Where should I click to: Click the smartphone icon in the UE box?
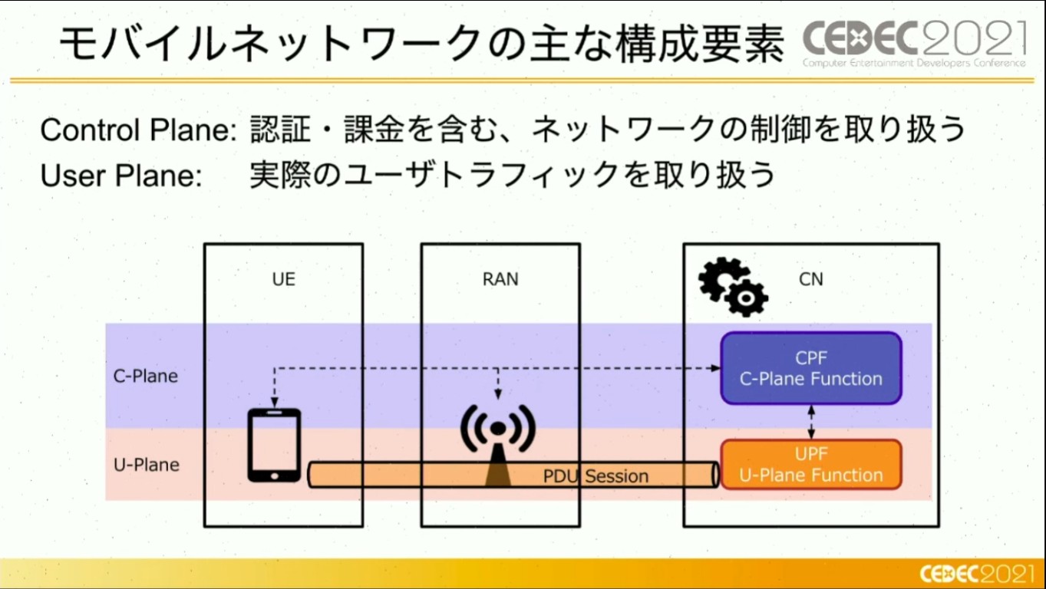(x=274, y=445)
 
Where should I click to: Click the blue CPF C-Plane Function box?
(x=810, y=368)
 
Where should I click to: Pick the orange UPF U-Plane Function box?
(x=810, y=464)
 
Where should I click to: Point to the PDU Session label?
(x=596, y=476)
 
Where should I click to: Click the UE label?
(x=283, y=279)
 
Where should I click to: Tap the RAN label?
(x=500, y=279)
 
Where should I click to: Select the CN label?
(x=810, y=279)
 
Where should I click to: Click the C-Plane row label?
(x=146, y=376)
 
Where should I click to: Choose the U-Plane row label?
(x=146, y=465)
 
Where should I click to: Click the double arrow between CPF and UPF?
(x=811, y=422)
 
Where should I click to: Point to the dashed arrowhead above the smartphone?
(x=275, y=403)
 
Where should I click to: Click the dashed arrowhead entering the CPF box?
(x=715, y=368)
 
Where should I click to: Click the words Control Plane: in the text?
(x=138, y=130)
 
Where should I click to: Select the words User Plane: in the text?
(x=120, y=176)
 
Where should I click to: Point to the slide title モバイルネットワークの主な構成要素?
(x=422, y=44)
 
